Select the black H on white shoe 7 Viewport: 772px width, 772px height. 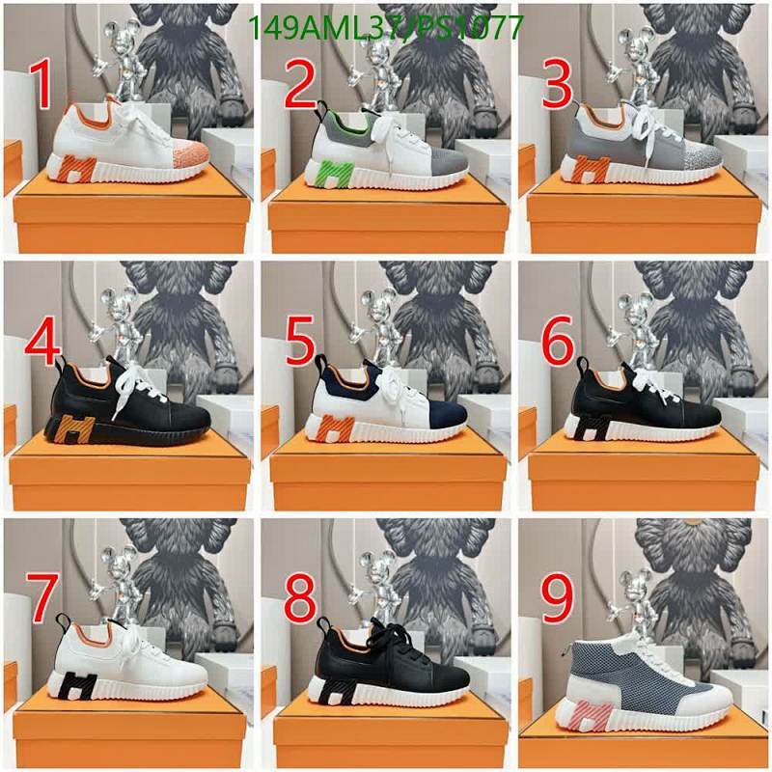[x=78, y=686]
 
